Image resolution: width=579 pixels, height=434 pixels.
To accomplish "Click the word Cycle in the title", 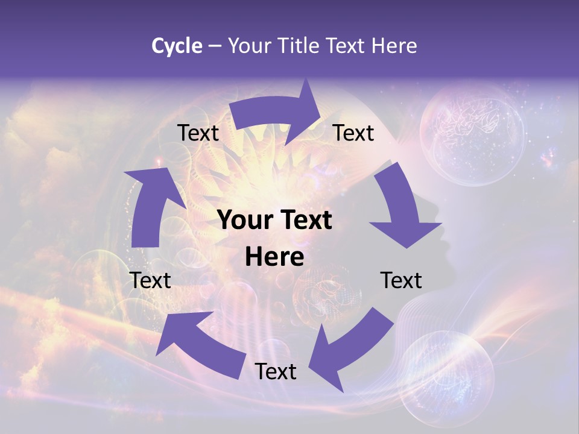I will [x=177, y=46].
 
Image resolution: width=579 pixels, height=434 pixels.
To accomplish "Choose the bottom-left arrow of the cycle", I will [x=199, y=344].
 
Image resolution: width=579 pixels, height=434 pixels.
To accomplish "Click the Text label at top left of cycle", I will [x=198, y=133].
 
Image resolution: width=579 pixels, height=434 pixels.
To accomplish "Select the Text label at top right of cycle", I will [x=353, y=133].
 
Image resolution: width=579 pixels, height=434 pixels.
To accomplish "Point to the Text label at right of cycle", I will [x=401, y=280].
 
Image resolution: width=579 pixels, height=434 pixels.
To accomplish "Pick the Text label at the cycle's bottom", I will [x=276, y=371].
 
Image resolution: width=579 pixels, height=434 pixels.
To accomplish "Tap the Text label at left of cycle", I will [x=150, y=280].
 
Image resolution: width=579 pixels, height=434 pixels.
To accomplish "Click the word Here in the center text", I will [x=274, y=257].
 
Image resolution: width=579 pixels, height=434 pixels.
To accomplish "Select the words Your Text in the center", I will [x=274, y=221].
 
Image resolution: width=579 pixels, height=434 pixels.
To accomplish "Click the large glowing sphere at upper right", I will [x=472, y=133].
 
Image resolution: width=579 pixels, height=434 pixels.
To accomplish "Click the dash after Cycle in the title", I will [x=215, y=46].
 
